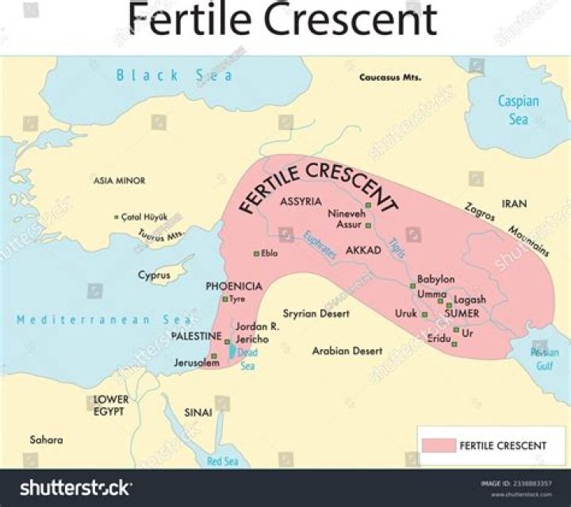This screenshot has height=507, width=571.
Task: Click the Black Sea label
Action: coord(174,75)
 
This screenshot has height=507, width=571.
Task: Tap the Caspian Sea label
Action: coord(518,110)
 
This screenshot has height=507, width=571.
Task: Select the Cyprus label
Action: coord(154,275)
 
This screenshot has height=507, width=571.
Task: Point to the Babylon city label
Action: coord(435,279)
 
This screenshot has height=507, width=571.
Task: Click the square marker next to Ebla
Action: coord(256,254)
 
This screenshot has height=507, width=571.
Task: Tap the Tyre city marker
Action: coord(224,299)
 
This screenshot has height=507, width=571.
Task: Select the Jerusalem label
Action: coord(197,363)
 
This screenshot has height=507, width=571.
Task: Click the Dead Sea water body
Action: coord(232,351)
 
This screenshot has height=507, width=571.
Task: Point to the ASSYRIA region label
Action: coord(301,202)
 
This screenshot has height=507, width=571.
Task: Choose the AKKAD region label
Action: coord(364,249)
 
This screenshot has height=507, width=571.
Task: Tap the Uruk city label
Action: coord(406,313)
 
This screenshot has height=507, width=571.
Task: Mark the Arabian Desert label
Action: coord(347,350)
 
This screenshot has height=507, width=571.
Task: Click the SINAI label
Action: coord(197,413)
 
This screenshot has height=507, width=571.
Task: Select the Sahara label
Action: coord(46,439)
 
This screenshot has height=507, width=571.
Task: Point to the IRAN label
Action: coord(514,204)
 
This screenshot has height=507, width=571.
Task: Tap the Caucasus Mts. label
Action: coord(390,78)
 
